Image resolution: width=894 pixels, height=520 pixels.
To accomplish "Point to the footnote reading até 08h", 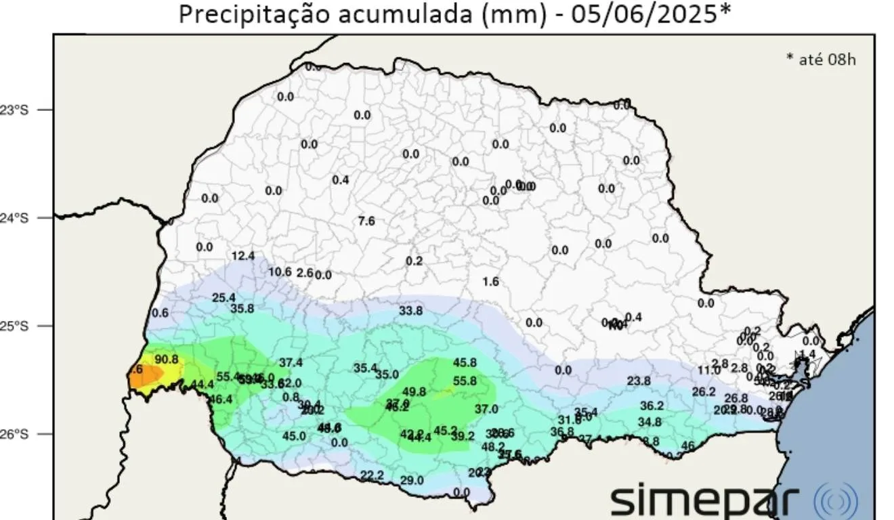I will [821, 59].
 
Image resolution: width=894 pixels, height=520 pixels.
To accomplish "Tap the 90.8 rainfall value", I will [167, 359].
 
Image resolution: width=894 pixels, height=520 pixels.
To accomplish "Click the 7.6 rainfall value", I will [366, 221].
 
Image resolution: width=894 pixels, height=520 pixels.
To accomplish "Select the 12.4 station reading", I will [242, 256].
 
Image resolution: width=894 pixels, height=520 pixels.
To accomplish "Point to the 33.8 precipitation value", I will [410, 311].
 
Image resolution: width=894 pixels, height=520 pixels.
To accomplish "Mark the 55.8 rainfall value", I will [465, 381].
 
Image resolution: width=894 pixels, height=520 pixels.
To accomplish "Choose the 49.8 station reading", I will [414, 392].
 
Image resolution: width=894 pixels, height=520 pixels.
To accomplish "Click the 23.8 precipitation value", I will [638, 381].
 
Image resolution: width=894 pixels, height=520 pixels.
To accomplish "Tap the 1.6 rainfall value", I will [491, 282].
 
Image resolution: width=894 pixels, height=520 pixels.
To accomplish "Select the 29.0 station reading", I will [412, 481].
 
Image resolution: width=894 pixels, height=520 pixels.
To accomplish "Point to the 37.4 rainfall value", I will [291, 363].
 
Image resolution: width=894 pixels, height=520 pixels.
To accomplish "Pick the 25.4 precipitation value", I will [223, 298].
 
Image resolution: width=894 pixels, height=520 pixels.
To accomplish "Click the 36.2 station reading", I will [652, 406].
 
